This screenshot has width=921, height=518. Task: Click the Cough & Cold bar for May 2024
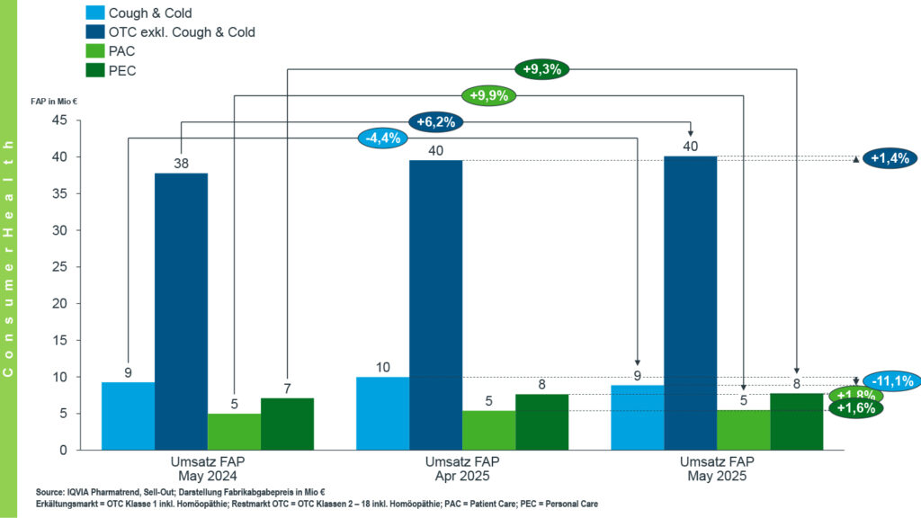coord(128,415)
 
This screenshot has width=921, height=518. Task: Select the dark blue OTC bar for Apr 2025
coord(436,306)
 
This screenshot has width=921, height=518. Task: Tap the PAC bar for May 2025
coord(744,430)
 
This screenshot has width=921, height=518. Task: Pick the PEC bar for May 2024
coord(287,424)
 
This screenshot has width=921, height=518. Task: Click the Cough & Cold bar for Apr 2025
coord(383,413)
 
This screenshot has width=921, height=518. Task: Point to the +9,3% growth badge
coord(542,68)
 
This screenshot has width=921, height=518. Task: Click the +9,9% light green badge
coord(488,95)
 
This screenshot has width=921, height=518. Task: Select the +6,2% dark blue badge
coord(435,121)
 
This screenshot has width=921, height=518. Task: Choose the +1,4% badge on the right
coord(889,158)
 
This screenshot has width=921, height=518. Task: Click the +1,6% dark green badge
coord(856,407)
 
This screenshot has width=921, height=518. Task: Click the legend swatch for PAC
coord(94,50)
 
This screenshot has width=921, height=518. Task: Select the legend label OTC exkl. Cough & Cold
coord(182,32)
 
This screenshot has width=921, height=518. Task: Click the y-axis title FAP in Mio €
coord(60,102)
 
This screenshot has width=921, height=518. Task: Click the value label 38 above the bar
coord(181,164)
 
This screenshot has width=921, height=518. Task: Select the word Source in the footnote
coord(50,492)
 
